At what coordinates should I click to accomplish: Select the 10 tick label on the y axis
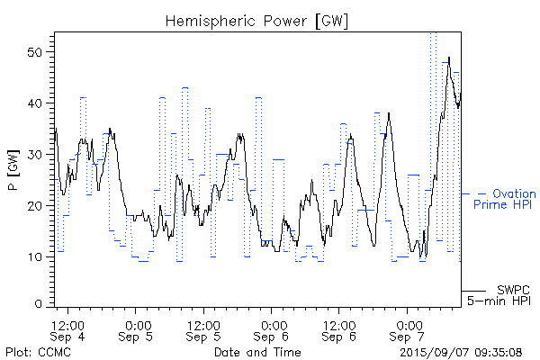click(x=40, y=257)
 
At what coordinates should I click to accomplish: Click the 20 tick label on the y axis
click(x=40, y=206)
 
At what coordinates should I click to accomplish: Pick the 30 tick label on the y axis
click(x=40, y=155)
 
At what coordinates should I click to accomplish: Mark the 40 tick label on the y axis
click(x=40, y=103)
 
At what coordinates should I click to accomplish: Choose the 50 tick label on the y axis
click(x=40, y=52)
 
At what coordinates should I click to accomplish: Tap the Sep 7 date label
click(x=408, y=337)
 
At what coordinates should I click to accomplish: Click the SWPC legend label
click(x=512, y=289)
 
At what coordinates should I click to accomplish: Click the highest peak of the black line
click(x=449, y=58)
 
